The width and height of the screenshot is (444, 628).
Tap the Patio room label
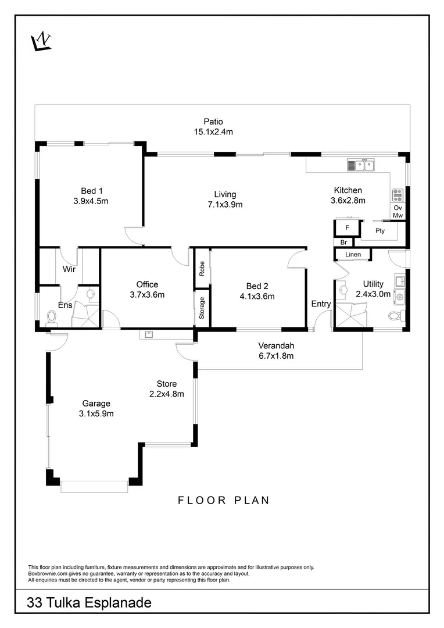click(213, 122)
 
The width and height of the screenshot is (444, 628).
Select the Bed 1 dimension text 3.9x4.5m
click(92, 201)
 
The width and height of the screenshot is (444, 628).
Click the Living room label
click(225, 194)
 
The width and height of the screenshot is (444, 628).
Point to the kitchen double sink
click(363, 165)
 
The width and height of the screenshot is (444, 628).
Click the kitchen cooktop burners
click(398, 195)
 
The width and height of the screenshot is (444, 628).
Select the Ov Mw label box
click(398, 212)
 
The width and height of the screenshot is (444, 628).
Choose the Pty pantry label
click(380, 231)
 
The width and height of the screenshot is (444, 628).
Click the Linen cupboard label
click(353, 255)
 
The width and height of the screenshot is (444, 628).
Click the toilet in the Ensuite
click(52, 317)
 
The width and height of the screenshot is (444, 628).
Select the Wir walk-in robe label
click(69, 269)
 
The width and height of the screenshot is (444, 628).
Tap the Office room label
click(147, 284)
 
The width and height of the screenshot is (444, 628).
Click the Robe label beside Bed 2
click(202, 268)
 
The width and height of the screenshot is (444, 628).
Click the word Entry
click(321, 304)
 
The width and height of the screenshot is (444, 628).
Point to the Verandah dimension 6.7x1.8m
click(276, 355)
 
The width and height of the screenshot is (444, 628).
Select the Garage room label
click(96, 403)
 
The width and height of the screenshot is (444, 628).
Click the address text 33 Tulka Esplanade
click(89, 603)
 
